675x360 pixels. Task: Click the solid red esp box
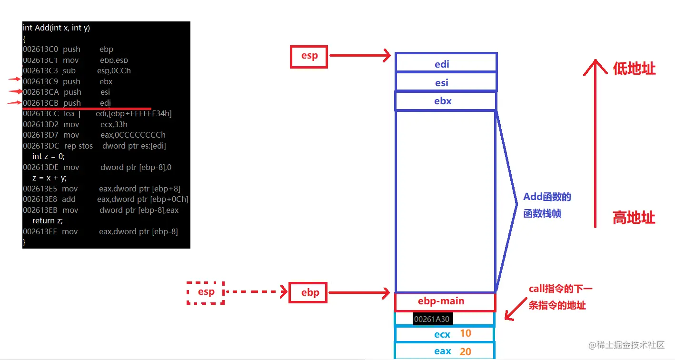pyautogui.click(x=309, y=56)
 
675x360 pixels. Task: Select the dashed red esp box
pyautogui.click(x=206, y=292)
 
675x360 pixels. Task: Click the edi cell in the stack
pyautogui.click(x=446, y=63)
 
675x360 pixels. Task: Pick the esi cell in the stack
pyautogui.click(x=446, y=82)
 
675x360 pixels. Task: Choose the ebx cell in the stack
pyautogui.click(x=446, y=101)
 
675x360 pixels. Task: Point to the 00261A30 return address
pyautogui.click(x=432, y=319)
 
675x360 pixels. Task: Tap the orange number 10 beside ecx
pyautogui.click(x=465, y=333)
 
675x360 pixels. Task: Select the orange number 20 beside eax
pyautogui.click(x=465, y=351)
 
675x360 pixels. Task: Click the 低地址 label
pyautogui.click(x=634, y=69)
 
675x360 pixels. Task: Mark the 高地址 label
pyautogui.click(x=634, y=218)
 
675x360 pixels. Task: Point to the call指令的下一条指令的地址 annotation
pyautogui.click(x=560, y=297)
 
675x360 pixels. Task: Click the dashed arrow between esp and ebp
pyautogui.click(x=256, y=291)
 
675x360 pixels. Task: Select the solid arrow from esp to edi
pyautogui.click(x=360, y=56)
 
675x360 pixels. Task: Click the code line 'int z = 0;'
pyautogui.click(x=48, y=156)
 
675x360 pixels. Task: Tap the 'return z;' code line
pyautogui.click(x=47, y=220)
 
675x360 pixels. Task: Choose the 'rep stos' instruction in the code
pyautogui.click(x=79, y=146)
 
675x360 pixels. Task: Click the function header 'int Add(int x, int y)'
pyautogui.click(x=56, y=28)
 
